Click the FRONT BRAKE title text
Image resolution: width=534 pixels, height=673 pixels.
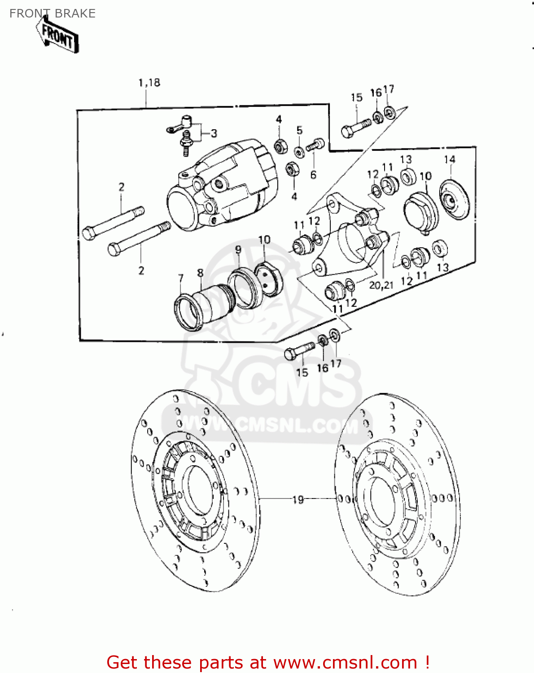(x=52, y=13)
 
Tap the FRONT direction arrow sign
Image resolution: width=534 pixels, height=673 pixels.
(x=58, y=35)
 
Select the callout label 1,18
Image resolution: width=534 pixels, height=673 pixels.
(x=149, y=83)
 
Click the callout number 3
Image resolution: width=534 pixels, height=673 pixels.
(x=214, y=134)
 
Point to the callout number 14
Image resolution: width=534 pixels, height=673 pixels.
(x=450, y=159)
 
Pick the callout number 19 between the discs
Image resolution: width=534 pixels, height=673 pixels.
(x=298, y=499)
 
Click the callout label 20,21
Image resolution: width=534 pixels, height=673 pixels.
(x=381, y=285)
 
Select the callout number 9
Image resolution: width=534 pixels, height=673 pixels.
(x=238, y=249)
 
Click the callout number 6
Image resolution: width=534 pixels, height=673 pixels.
(x=313, y=175)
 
